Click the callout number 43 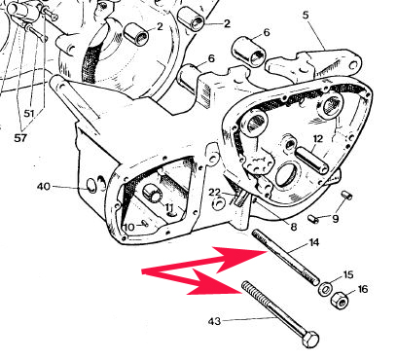tap(214, 321)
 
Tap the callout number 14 tap(314, 242)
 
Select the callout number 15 tap(347, 274)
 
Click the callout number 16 tap(363, 289)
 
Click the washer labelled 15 tap(325, 289)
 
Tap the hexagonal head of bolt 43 tap(310, 340)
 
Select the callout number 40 tap(44, 187)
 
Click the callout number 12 tap(318, 139)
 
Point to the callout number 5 tap(306, 16)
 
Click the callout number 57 tap(20, 138)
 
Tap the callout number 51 tap(29, 114)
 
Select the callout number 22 tap(214, 193)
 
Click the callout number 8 tap(294, 227)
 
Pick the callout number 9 tap(335, 219)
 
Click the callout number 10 tap(129, 227)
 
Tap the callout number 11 tap(169, 207)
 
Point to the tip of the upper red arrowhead tap(268, 251)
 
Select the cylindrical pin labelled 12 tap(311, 160)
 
